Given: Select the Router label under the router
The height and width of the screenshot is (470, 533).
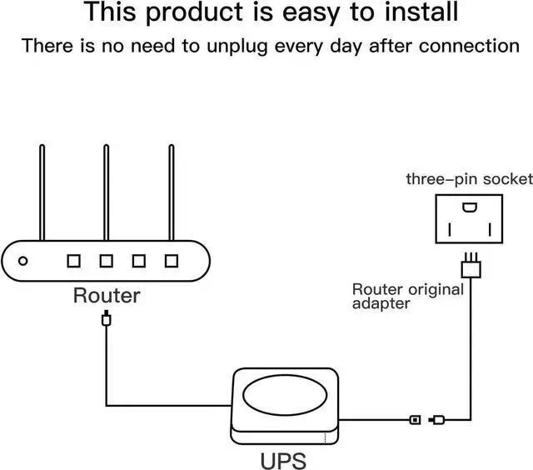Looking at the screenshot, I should (x=107, y=295).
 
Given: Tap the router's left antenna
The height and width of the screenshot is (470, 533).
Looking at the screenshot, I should (x=41, y=192).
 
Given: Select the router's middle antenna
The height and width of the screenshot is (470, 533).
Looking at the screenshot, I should (x=106, y=192).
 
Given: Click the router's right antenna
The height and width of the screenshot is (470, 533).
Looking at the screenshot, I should (x=171, y=192).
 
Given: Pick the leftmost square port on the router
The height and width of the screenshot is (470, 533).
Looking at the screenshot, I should (x=73, y=261).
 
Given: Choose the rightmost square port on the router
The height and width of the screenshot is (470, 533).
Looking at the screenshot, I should (x=172, y=261).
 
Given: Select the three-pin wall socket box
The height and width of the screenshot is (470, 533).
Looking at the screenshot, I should (x=471, y=218).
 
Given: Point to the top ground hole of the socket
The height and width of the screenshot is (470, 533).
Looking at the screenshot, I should (x=471, y=207).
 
